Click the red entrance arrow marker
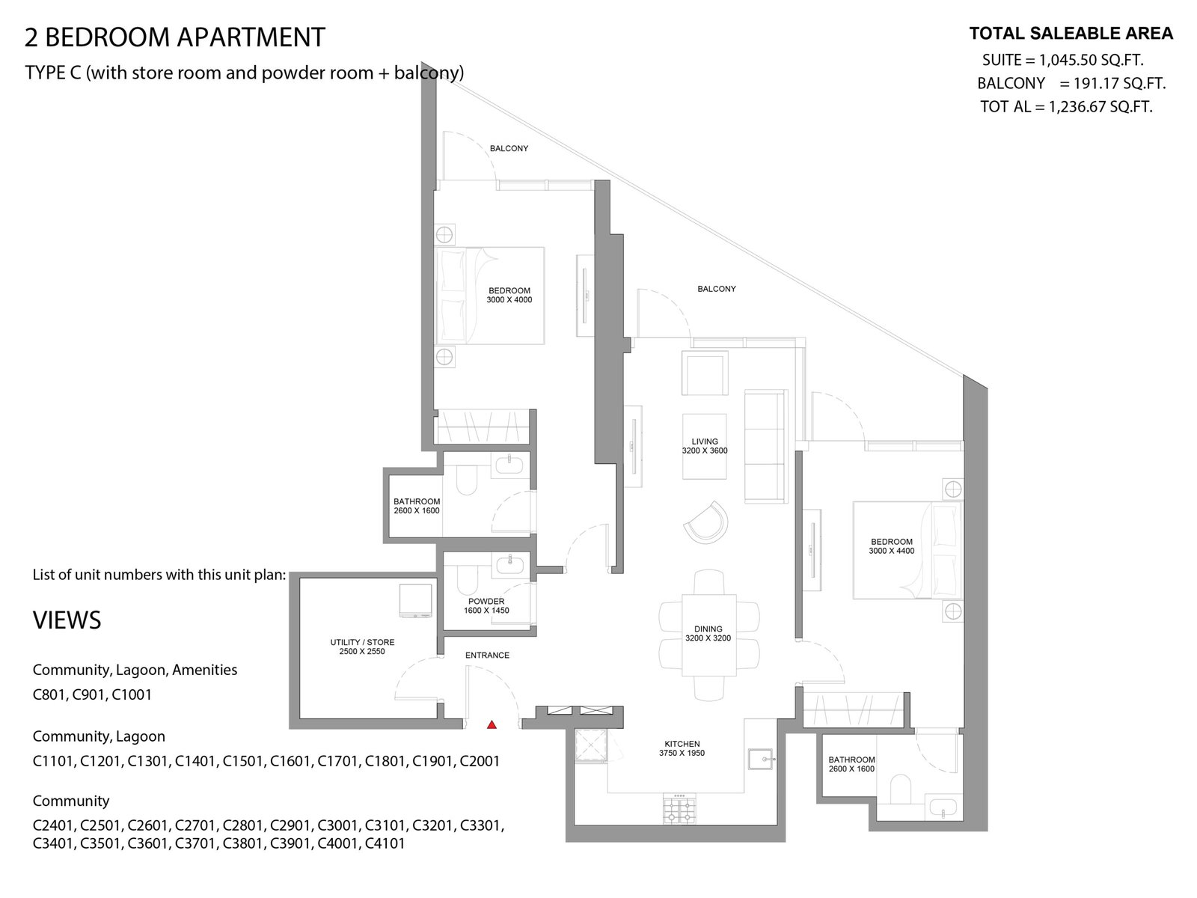coord(492,724)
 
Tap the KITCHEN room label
coord(682,744)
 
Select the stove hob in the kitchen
coord(679,808)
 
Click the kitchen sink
coord(760,759)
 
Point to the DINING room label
coord(708,629)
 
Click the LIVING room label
coord(705,441)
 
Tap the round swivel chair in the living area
coord(705,522)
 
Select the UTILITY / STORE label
coord(362,642)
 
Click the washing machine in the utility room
coord(415,601)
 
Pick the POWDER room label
coord(486,602)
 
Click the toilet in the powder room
coord(467,578)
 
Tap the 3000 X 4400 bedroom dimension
coord(892,551)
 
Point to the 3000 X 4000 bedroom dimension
coord(509,299)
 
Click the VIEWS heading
coord(67,620)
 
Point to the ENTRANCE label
coord(487,655)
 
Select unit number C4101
coord(385,843)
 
